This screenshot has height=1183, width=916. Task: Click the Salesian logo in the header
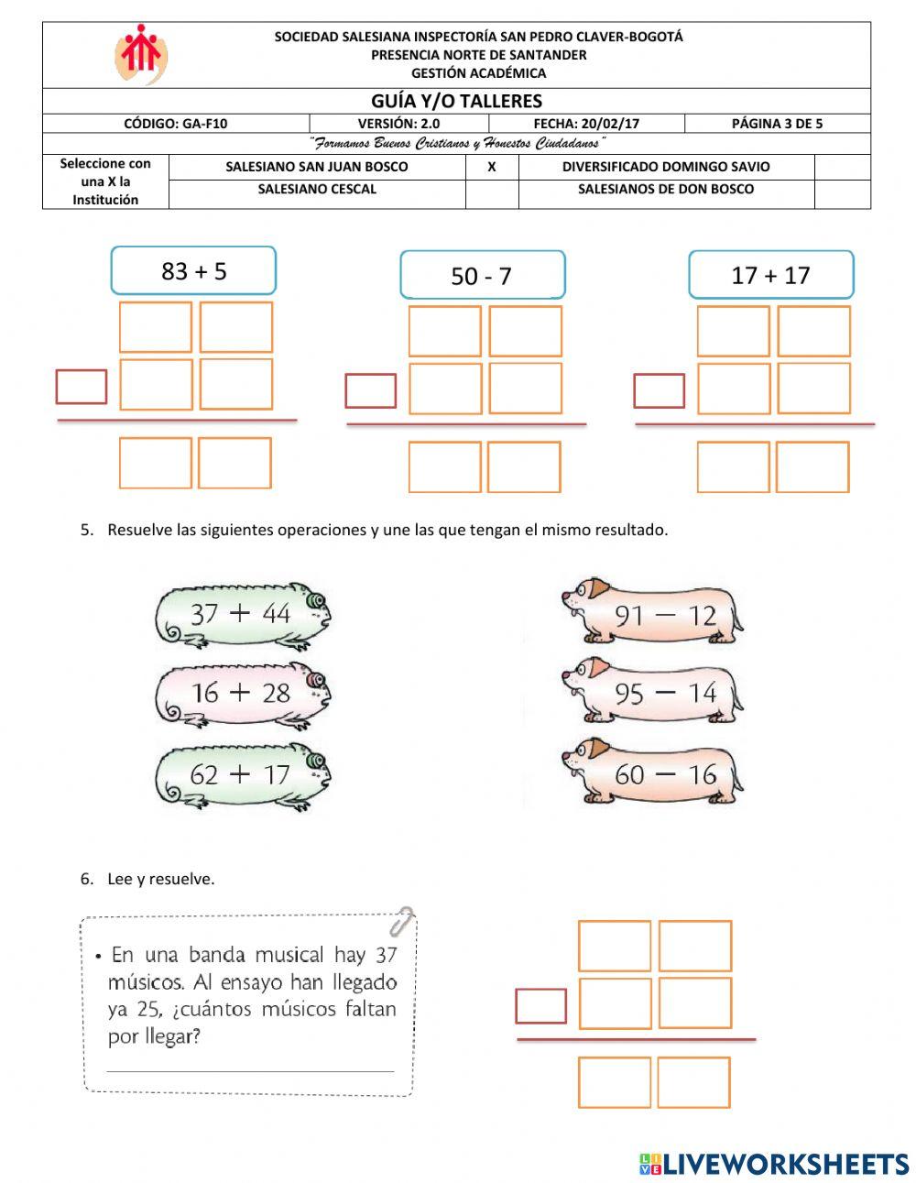tap(140, 54)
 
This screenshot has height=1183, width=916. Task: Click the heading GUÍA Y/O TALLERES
tap(456, 101)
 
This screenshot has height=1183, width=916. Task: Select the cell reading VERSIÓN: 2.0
tap(398, 124)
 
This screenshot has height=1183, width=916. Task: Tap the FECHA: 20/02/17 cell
tap(586, 124)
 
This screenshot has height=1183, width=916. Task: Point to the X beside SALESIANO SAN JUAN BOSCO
tap(492, 167)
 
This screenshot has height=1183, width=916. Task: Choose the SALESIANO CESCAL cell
tap(317, 190)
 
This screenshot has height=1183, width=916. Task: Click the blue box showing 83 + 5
tap(193, 270)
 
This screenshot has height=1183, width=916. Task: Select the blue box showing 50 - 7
tap(482, 275)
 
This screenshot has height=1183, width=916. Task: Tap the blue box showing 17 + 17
tap(770, 275)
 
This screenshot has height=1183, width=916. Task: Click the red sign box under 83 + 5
tap(81, 387)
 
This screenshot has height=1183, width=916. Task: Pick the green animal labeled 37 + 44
tap(242, 613)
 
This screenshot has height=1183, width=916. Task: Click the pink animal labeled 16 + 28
tap(242, 693)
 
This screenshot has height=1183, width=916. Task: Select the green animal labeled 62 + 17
tap(242, 774)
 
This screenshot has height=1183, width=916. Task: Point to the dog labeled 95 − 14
tap(653, 693)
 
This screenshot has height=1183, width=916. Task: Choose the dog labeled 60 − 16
tap(653, 774)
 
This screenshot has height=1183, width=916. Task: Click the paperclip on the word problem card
tap(401, 920)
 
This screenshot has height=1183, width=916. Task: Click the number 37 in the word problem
tap(386, 955)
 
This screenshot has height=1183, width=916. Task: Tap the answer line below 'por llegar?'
tap(249, 1070)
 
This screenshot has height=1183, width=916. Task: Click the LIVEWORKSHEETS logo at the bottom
tap(773, 1164)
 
